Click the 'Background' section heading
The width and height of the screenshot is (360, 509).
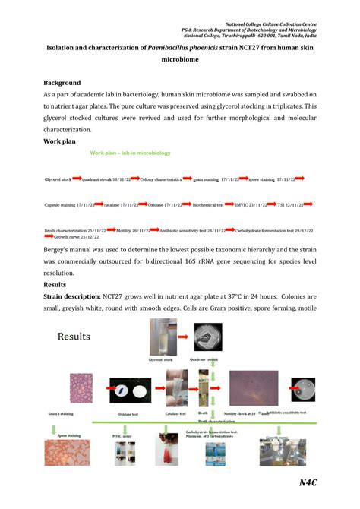point(65,82)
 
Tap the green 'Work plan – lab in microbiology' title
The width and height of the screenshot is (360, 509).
point(131,153)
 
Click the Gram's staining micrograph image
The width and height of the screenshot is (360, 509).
point(82,387)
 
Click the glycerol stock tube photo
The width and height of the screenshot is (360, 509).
point(160,336)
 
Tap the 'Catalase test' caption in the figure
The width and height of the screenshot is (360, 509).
point(176,414)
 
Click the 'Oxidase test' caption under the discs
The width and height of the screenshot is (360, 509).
point(128,414)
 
